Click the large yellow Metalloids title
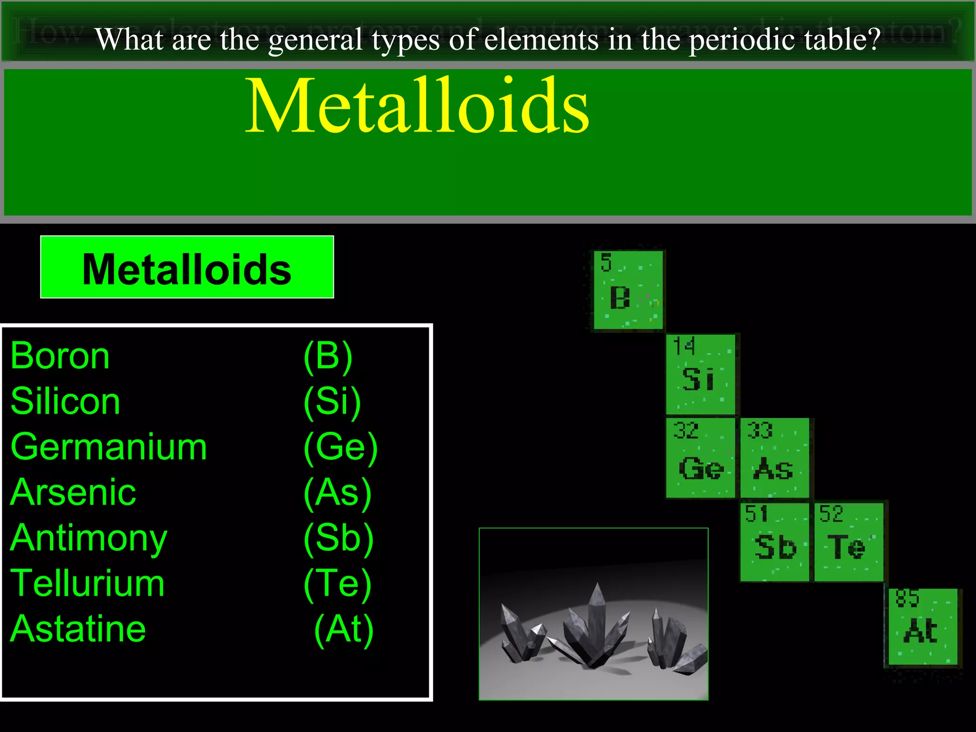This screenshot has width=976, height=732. [x=417, y=106]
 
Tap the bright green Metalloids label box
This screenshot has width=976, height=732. [x=187, y=267]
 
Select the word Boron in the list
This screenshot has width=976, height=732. [x=60, y=356]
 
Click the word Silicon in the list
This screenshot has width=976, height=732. [x=65, y=401]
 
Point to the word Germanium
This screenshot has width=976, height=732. [x=109, y=447]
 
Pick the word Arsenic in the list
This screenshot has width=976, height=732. [x=73, y=492]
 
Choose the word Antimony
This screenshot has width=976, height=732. [x=89, y=538]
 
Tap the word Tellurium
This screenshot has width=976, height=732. [x=88, y=583]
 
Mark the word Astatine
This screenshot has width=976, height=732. [x=78, y=629]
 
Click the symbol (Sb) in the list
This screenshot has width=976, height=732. [x=339, y=538]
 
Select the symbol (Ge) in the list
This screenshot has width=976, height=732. [x=341, y=447]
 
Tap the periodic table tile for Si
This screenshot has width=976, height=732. [x=701, y=374]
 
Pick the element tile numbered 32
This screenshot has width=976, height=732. [x=701, y=457]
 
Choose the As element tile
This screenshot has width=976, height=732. [x=774, y=457]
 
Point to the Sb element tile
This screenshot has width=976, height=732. [x=774, y=542]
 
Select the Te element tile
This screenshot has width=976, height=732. [x=848, y=542]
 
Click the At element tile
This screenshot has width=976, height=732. [x=923, y=627]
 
